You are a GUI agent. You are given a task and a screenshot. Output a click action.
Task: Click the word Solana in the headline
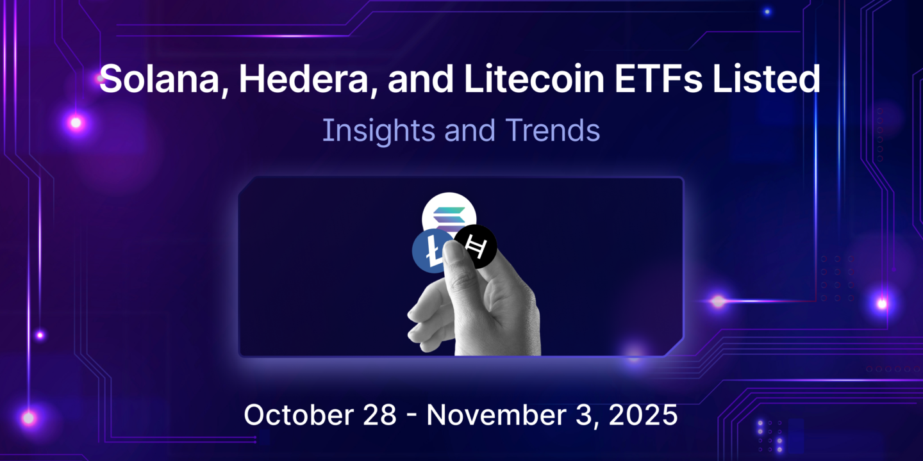tap(158, 80)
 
